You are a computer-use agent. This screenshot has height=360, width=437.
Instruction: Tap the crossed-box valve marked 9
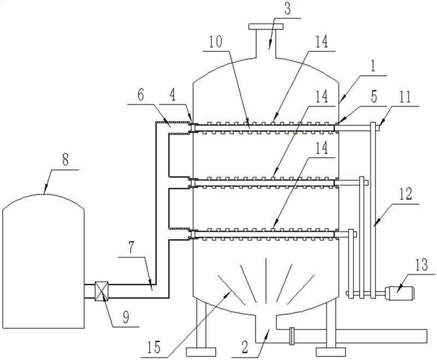[x=102, y=291]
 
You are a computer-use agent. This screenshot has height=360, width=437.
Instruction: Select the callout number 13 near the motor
[x=421, y=265]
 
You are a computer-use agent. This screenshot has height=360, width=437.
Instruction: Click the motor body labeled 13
[x=399, y=293]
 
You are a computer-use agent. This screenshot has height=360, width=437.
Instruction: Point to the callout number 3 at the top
[x=287, y=9]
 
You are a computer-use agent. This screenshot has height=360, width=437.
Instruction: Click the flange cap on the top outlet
[x=265, y=26]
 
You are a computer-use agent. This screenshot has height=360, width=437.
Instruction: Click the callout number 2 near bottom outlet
[x=245, y=347]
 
